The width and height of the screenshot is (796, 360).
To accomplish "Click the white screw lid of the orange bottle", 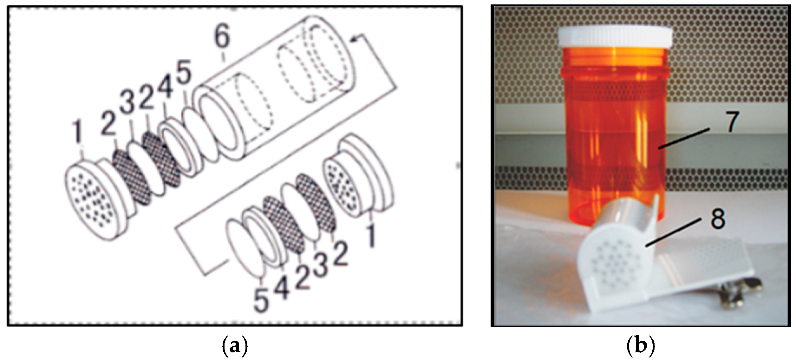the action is point(615,37).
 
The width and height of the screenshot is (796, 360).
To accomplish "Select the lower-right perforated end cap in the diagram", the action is point(358,176).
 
